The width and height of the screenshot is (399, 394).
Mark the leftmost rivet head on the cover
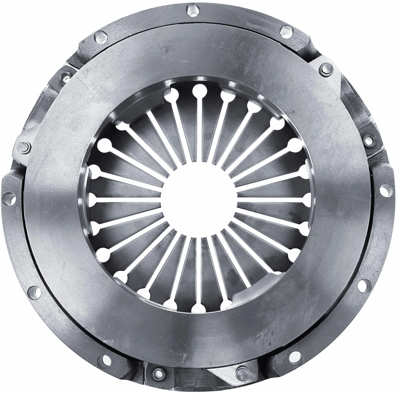23,146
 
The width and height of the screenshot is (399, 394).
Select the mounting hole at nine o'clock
8,199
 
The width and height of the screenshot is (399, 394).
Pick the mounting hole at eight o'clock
35,292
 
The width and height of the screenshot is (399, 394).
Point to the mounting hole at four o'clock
363,285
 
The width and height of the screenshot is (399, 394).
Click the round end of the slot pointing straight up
199,90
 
